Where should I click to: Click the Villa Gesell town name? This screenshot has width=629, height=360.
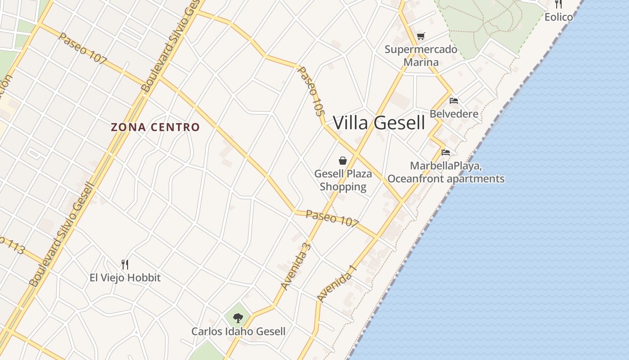[379, 122]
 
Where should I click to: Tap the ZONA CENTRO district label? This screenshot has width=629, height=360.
[155, 127]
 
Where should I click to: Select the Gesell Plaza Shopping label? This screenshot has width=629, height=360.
[343, 180]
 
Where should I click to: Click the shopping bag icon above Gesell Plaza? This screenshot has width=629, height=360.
[343, 161]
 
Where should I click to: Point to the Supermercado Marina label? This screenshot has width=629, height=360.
[421, 55]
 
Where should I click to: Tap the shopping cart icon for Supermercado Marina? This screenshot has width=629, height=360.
[421, 36]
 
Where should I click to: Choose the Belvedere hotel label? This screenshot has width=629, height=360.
[454, 114]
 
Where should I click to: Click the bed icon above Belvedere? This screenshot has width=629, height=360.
[454, 100]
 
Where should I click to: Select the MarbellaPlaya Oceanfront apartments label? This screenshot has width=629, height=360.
[446, 172]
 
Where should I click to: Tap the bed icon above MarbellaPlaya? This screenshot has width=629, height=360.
[446, 153]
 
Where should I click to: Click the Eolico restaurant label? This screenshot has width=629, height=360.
[558, 17]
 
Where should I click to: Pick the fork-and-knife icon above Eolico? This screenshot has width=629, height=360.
[558, 4]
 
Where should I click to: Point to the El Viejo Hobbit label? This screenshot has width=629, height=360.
[125, 278]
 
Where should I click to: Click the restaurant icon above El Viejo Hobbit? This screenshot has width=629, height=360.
[125, 264]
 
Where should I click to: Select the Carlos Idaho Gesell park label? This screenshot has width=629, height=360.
[238, 332]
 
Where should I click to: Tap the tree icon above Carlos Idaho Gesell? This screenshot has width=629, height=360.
[238, 318]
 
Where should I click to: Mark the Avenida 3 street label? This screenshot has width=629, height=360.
[296, 266]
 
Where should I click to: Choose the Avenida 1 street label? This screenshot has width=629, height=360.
[337, 283]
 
